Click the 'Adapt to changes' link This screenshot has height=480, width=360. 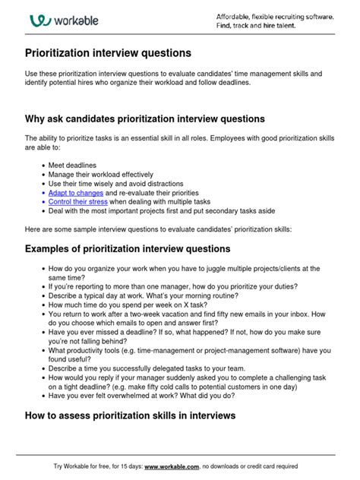coord(75,194)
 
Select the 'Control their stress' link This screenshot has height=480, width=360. coord(77,203)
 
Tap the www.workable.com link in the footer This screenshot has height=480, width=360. coord(172,466)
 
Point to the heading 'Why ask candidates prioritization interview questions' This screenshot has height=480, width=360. coord(145,119)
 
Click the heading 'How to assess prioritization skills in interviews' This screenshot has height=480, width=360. coord(130,415)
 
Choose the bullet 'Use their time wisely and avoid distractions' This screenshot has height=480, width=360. coord(115,184)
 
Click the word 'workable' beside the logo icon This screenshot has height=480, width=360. coord(76,21)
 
